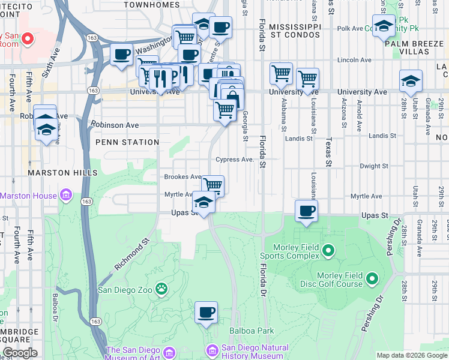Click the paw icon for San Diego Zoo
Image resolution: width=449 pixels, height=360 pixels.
[x=161, y=289]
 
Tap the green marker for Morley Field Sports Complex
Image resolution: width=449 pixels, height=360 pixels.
[x=328, y=250]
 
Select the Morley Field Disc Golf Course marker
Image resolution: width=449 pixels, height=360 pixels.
[x=372, y=278]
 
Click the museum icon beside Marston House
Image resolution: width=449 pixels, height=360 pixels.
[x=66, y=196]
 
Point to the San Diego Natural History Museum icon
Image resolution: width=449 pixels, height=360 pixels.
[x=212, y=350]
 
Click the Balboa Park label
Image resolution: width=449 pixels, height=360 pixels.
[x=252, y=331]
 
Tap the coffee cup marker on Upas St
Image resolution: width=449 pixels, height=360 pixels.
[x=307, y=211]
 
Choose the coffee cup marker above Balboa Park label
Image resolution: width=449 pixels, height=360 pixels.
[x=206, y=313]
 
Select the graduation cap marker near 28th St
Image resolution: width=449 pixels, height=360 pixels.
[x=411, y=81]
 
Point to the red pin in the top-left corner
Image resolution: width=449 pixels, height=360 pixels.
[x=26, y=39]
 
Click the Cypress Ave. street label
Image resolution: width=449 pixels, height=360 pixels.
[x=235, y=160]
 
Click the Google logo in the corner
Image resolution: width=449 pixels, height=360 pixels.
[x=19, y=353]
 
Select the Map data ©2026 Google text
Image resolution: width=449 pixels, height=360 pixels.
[x=412, y=355]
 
